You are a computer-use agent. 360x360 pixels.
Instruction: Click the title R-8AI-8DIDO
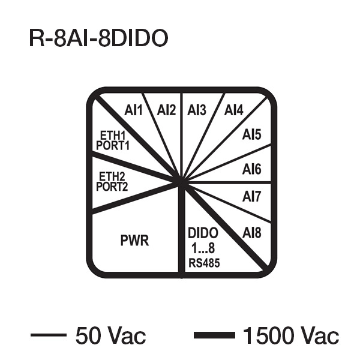pyautogui.click(x=98, y=38)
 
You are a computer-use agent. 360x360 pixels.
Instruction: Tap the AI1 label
pyautogui.click(x=133, y=110)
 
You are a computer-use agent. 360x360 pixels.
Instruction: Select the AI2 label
pyautogui.click(x=166, y=110)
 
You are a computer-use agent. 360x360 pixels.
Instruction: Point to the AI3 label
pyautogui.click(x=197, y=110)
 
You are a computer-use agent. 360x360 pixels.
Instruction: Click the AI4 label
pyautogui.click(x=233, y=110)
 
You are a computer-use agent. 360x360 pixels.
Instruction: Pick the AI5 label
pyautogui.click(x=252, y=135)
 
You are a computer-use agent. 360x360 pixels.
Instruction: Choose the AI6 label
pyautogui.click(x=252, y=170)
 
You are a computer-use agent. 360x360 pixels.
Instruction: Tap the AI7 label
pyautogui.click(x=252, y=196)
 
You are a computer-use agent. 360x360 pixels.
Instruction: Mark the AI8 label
pyautogui.click(x=252, y=232)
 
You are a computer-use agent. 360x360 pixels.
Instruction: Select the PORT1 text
pyautogui.click(x=113, y=145)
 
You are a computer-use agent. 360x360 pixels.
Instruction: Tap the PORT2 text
pyautogui.click(x=113, y=187)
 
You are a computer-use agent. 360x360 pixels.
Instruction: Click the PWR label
pyautogui.click(x=134, y=241)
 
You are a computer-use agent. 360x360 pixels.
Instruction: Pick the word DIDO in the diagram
pyautogui.click(x=203, y=233)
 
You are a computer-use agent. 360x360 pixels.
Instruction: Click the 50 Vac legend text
pyautogui.click(x=110, y=335)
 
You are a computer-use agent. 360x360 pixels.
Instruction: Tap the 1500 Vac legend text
pyautogui.click(x=290, y=335)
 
